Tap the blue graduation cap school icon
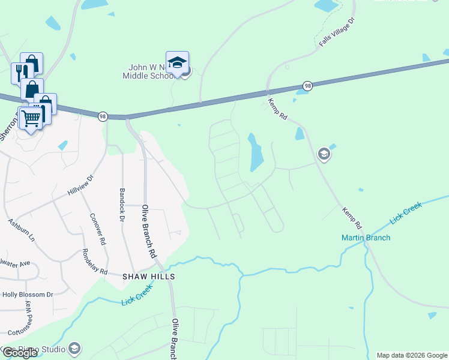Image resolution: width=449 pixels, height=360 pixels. [x=177, y=63]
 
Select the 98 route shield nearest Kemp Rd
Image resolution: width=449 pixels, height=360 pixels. [x=307, y=86]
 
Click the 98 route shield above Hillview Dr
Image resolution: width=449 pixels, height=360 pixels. [x=103, y=116]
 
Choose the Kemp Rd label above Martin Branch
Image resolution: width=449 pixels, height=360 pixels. [x=352, y=218]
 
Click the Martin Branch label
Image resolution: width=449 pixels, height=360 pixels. [x=366, y=238]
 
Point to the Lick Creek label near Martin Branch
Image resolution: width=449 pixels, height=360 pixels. [x=407, y=213]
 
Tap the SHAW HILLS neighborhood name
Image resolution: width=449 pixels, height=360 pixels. [x=148, y=277]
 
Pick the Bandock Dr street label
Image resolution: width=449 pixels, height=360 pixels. [x=121, y=206]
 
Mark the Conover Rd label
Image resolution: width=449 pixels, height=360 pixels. [x=97, y=229]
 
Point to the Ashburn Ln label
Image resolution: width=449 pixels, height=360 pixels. [x=22, y=230]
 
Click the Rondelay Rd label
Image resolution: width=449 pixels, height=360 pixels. [x=94, y=262]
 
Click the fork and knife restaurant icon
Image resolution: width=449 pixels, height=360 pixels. [x=19, y=73]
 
